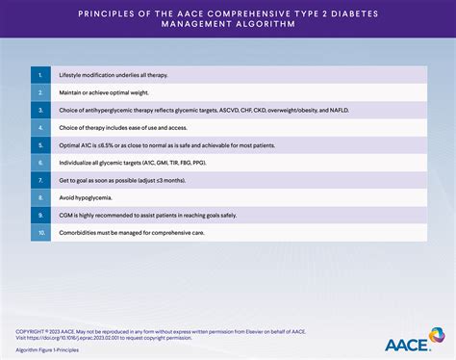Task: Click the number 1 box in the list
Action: (40, 74)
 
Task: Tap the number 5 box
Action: (40, 143)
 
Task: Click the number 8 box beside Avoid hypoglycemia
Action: (40, 196)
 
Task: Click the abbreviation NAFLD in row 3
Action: (368, 109)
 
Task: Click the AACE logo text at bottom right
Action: (404, 342)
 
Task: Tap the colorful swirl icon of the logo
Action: (436, 336)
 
